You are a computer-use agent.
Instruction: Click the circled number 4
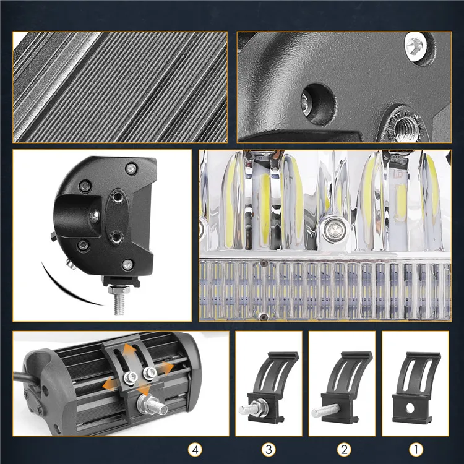[x=195, y=450]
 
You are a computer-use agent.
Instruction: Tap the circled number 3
[x=269, y=450]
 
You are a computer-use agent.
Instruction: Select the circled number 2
[x=344, y=450]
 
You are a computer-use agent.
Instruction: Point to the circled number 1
[x=416, y=450]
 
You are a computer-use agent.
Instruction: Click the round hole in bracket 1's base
[x=410, y=408]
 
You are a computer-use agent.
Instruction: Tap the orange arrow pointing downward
[x=144, y=389]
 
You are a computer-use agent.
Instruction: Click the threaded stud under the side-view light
[x=119, y=300]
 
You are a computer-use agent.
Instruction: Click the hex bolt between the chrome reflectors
[x=334, y=229]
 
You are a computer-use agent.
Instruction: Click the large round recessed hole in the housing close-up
[x=318, y=104]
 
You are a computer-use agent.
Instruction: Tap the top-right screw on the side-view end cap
[x=131, y=169]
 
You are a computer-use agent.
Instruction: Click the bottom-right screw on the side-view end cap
[x=128, y=264]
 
